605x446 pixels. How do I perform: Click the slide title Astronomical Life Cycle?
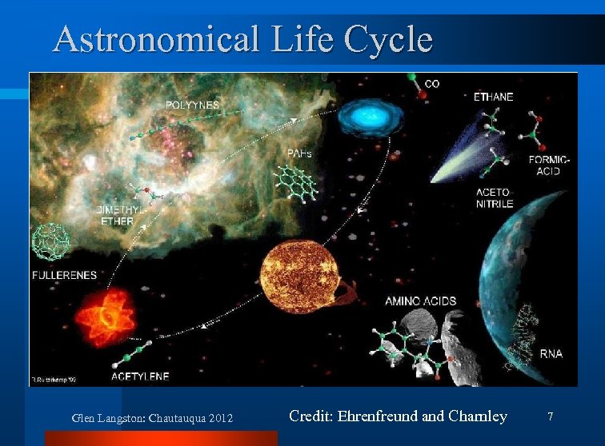tap(242, 38)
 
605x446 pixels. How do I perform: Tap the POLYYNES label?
tap(192, 105)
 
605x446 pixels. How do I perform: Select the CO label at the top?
tap(431, 83)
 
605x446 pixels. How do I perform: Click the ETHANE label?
tap(494, 97)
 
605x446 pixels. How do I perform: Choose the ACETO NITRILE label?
tap(493, 198)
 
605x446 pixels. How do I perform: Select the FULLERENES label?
tap(65, 275)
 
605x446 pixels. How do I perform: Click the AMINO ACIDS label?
tap(421, 301)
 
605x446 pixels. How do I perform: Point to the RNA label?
tap(551, 353)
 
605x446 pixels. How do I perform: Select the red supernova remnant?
tap(108, 315)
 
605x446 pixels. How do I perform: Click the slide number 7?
tap(550, 416)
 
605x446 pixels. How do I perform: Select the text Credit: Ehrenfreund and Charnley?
tap(398, 416)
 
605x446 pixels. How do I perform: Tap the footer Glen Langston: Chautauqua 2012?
tap(152, 418)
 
